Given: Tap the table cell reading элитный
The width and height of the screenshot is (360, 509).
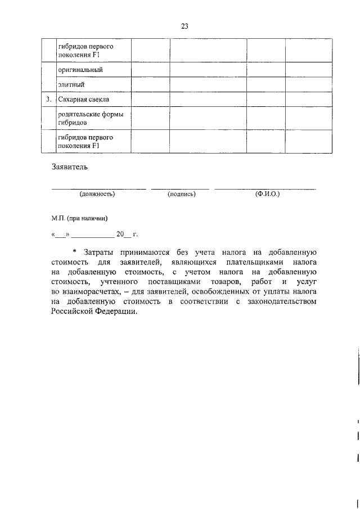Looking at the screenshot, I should pyautogui.click(x=71, y=85).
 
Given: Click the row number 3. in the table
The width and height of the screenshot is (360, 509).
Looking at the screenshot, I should pyautogui.click(x=49, y=100).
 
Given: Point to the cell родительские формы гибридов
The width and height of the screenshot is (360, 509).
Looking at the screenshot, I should pyautogui.click(x=90, y=118).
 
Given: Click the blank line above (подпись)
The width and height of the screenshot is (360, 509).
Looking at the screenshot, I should pyautogui.click(x=180, y=188).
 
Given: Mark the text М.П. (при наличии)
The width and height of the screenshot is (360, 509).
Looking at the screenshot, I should pyautogui.click(x=79, y=218).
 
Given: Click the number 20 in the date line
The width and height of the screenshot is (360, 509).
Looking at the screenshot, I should pyautogui.click(x=119, y=235).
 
